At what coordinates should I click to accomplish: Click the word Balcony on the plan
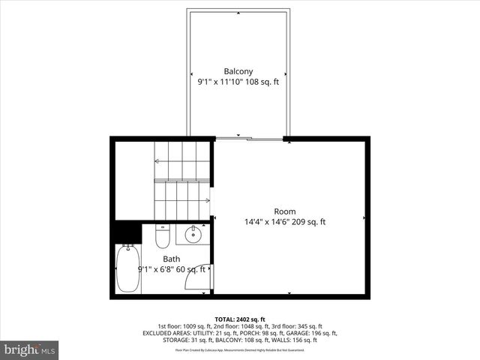(x=238, y=71)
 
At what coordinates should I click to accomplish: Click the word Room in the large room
(x=284, y=211)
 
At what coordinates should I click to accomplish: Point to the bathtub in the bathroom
(x=127, y=270)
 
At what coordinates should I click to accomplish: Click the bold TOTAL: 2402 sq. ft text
(x=240, y=319)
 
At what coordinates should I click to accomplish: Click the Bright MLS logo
(x=30, y=349)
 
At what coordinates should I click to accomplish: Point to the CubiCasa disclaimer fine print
(x=240, y=349)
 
